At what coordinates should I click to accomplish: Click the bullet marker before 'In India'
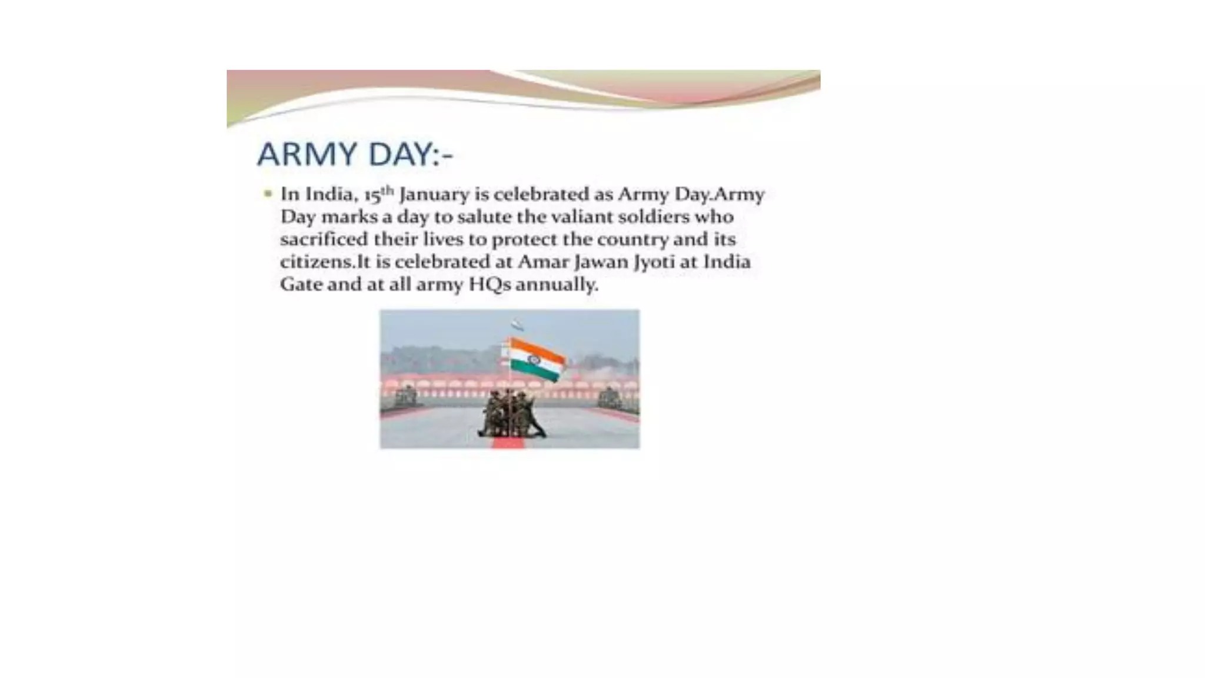[268, 194]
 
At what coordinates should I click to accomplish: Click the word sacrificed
[323, 240]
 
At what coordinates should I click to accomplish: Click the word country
[634, 240]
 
